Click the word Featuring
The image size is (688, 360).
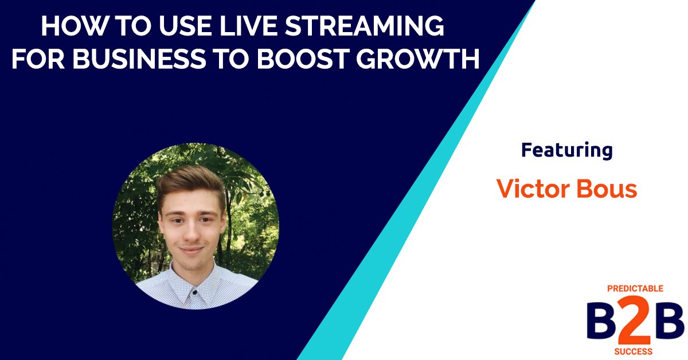coord(566,150)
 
